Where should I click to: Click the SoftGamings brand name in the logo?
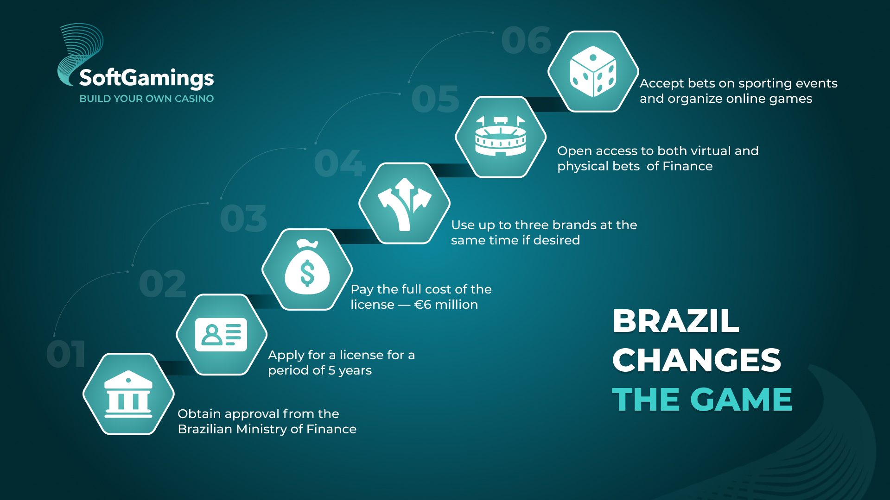coord(146,78)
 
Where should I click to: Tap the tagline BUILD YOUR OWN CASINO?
coord(146,99)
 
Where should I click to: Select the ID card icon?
coord(221,335)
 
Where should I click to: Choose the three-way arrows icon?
coord(405,204)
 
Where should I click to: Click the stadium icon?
coord(501,136)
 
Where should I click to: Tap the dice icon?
coord(593,71)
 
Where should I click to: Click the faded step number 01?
coord(66,354)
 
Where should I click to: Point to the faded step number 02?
coord(162,284)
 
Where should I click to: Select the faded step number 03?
coord(244,219)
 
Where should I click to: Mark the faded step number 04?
coord(340,163)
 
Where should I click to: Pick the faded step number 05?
coord(435,99)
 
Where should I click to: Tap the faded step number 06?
coord(526,40)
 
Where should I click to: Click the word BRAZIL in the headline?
coord(676,320)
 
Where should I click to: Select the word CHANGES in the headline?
coord(697,360)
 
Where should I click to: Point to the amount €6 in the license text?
coord(423,305)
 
